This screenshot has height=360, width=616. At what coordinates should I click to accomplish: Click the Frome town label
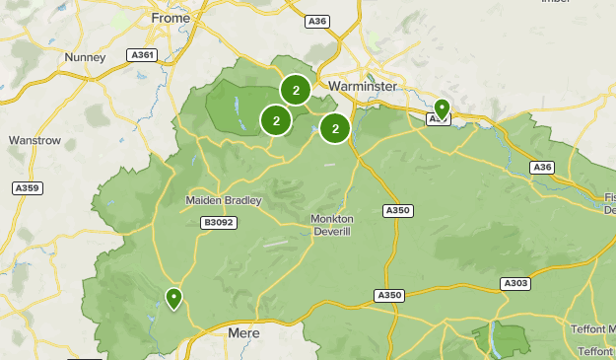[x=171, y=18]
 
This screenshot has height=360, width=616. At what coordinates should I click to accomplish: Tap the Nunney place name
[x=85, y=57]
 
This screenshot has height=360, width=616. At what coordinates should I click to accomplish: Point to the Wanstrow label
[x=34, y=141]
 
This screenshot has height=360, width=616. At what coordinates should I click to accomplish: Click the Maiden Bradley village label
[x=224, y=201]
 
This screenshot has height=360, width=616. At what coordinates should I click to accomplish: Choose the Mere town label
[x=243, y=333]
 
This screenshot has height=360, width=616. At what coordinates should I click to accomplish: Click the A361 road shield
[x=144, y=55]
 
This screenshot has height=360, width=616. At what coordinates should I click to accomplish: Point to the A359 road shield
[x=27, y=187]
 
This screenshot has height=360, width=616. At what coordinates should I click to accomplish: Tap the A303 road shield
[x=515, y=283]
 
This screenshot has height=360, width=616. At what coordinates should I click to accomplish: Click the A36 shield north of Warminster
[x=316, y=20]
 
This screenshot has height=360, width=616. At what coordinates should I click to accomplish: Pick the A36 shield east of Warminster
[x=541, y=168]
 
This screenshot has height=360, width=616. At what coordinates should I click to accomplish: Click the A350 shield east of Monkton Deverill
[x=396, y=210]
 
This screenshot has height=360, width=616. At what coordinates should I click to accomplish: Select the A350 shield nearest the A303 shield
[x=389, y=295]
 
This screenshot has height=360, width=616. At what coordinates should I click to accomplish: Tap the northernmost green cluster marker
[x=296, y=90]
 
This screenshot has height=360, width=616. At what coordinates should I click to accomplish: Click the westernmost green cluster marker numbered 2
[x=276, y=121]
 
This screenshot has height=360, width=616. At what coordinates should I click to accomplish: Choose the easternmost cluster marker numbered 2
[x=335, y=128]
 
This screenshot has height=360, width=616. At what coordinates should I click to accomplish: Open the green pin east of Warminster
[x=442, y=108]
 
